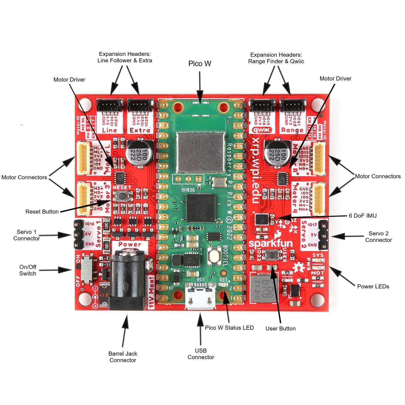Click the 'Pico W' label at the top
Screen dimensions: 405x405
(x=200, y=64)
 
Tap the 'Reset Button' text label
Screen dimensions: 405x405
(x=42, y=212)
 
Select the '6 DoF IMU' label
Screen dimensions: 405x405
(x=362, y=216)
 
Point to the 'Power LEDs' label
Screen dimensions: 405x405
(x=373, y=286)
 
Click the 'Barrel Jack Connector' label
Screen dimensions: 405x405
(x=123, y=357)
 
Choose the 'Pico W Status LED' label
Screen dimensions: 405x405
(x=229, y=328)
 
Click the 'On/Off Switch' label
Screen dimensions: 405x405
(x=28, y=270)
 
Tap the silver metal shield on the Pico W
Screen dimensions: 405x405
(x=201, y=153)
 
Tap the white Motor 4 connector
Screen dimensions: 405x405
(x=319, y=199)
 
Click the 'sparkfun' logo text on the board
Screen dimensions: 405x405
(x=270, y=243)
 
